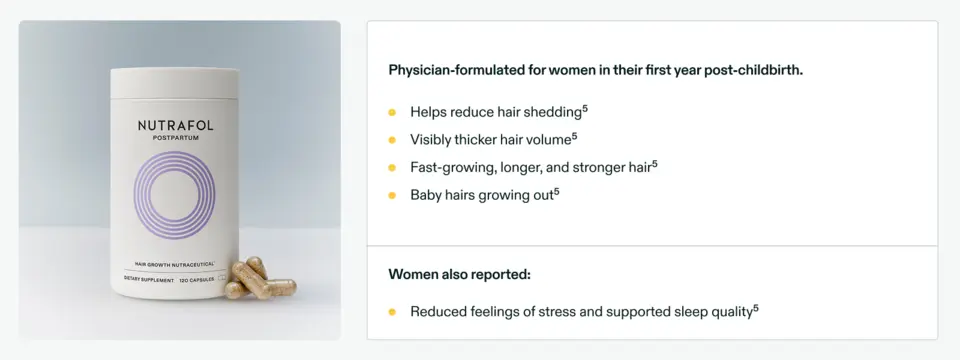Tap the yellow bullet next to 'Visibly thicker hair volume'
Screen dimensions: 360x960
(x=393, y=140)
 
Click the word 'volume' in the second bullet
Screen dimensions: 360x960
(x=546, y=140)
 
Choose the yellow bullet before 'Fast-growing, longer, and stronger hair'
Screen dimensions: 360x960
(x=393, y=167)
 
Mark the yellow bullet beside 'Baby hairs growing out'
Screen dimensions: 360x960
(x=393, y=195)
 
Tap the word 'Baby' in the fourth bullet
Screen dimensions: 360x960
(x=427, y=195)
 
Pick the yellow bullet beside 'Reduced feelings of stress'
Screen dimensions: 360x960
(x=393, y=312)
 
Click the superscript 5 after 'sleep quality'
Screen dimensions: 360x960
(x=756, y=308)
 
